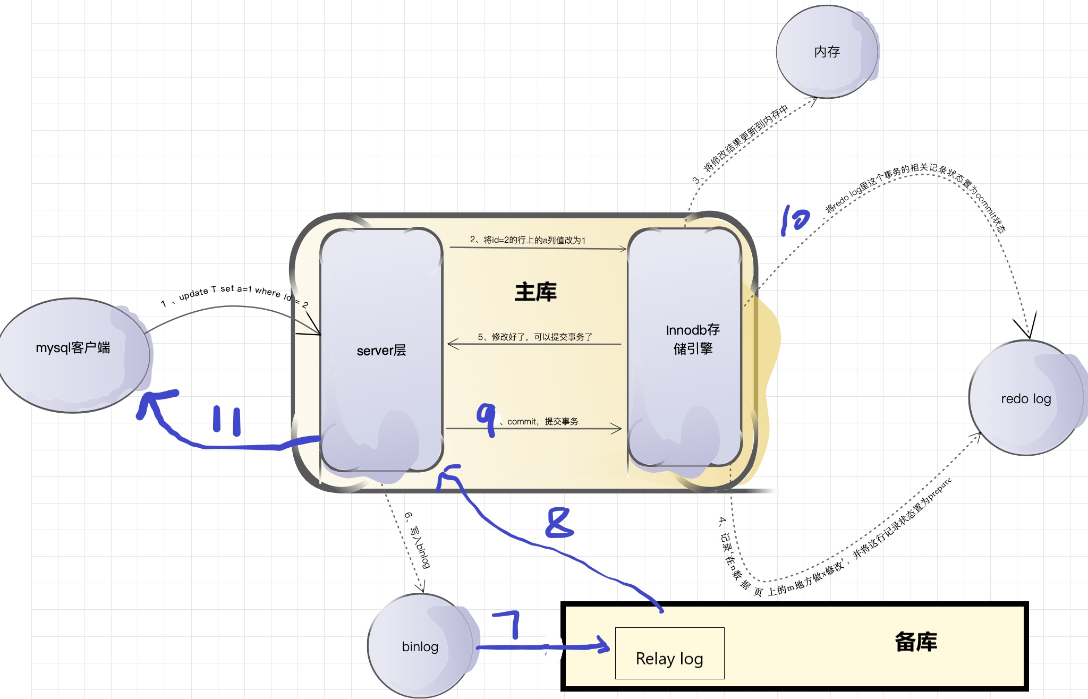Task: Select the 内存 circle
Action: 827,52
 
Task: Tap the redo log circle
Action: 1026,398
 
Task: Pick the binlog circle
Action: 420,646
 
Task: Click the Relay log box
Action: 669,654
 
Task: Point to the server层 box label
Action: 381,351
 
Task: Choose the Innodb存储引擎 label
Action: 693,339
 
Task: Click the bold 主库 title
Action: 535,292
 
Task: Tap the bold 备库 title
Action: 916,642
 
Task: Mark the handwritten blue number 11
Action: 227,421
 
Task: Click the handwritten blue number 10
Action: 795,219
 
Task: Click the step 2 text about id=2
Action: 528,240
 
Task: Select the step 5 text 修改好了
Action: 535,337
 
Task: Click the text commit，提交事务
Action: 542,421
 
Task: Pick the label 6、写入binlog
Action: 418,540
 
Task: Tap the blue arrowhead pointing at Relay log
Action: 603,645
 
